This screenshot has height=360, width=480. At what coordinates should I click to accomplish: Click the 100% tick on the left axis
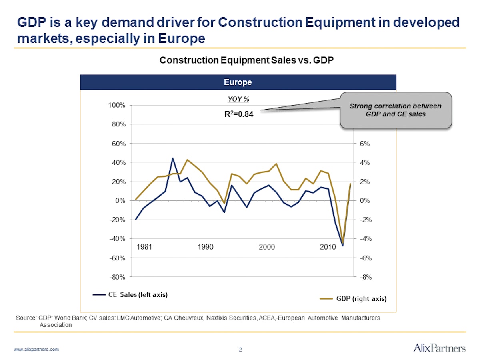click(116, 105)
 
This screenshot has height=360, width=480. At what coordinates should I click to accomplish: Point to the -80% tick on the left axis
click(116, 277)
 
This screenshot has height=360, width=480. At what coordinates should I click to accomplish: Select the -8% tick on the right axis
click(364, 277)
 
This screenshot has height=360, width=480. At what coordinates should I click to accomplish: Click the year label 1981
click(144, 247)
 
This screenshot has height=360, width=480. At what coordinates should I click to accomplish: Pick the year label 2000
click(267, 247)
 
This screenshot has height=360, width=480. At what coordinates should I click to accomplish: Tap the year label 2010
click(328, 247)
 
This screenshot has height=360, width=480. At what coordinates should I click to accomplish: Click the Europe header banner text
click(238, 82)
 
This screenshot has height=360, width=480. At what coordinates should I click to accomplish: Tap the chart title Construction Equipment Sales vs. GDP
click(246, 60)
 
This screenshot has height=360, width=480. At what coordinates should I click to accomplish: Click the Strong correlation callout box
click(395, 110)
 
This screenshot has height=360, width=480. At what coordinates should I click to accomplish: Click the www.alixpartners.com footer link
click(36, 349)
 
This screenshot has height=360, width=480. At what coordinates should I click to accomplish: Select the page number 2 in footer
click(240, 350)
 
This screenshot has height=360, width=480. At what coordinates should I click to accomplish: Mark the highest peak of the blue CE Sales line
click(173, 158)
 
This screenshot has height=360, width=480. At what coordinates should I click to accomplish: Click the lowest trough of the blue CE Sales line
click(342, 246)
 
